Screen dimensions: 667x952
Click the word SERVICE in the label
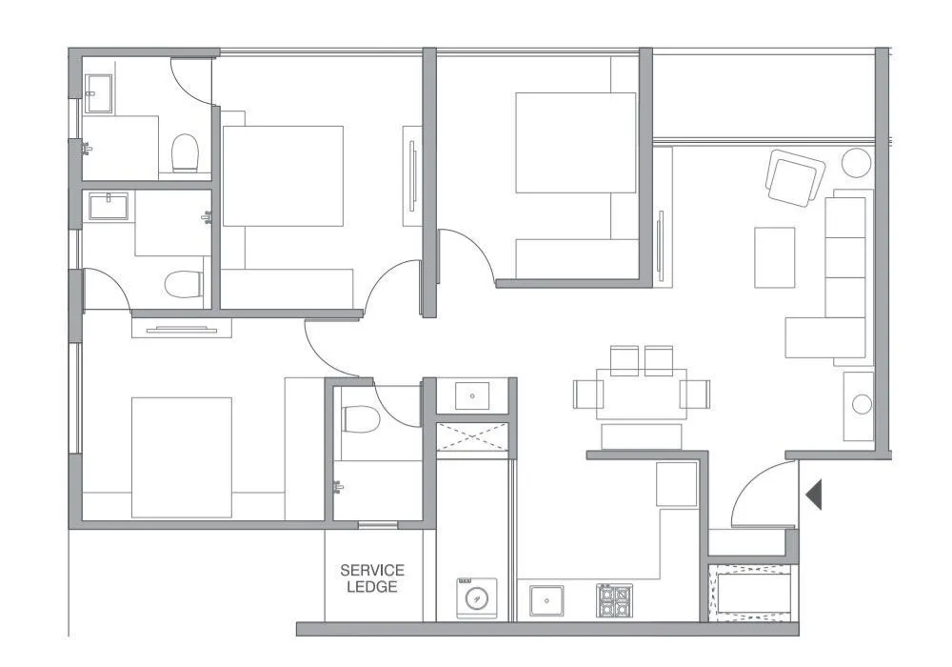(372, 571)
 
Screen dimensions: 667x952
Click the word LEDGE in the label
(372, 587)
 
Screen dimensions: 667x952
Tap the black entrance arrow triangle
(813, 495)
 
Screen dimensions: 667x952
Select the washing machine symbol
(476, 597)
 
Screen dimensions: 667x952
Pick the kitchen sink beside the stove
(546, 601)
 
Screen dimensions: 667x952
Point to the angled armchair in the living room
(795, 178)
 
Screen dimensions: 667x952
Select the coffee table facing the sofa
(774, 256)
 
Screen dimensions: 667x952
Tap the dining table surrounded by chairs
(641, 394)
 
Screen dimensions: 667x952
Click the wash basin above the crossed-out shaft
(472, 395)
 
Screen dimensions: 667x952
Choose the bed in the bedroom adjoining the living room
(575, 143)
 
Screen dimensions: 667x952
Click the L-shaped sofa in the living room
(838, 286)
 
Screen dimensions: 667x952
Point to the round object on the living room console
(862, 404)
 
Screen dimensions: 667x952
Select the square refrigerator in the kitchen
(677, 484)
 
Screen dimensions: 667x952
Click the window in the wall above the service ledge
(378, 524)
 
